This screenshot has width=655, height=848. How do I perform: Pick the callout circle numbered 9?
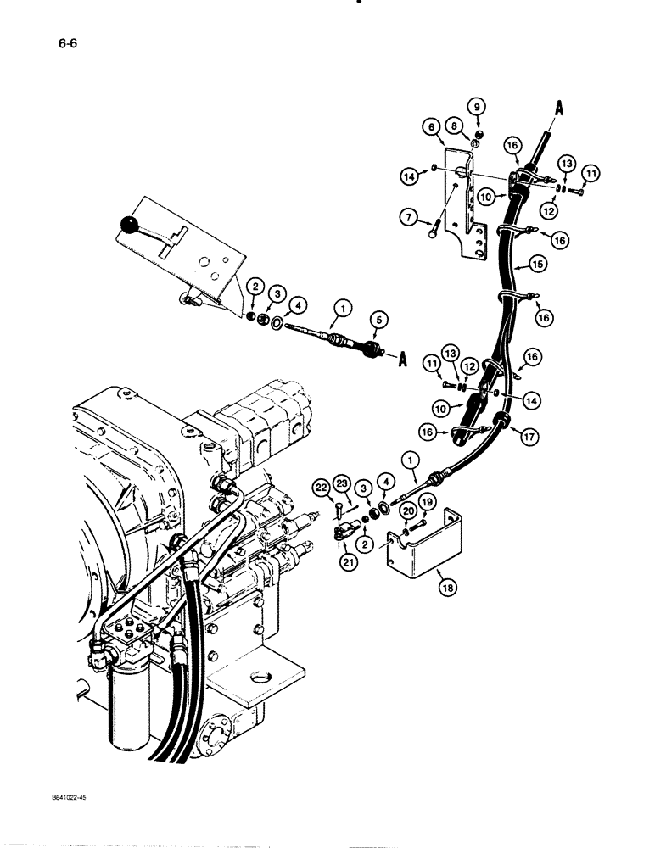(477, 106)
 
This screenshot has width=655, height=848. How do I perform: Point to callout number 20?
(409, 510)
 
